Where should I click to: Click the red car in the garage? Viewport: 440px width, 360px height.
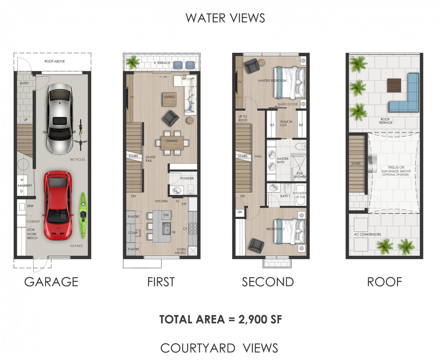58,206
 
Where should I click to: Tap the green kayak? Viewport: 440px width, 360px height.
84,216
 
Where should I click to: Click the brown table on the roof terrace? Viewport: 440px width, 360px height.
394,85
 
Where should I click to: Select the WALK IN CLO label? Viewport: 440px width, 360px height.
286,123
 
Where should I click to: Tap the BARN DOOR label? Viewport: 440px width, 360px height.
287,104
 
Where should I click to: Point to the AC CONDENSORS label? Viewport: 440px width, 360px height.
367,234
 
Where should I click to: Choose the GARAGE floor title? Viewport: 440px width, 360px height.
51,281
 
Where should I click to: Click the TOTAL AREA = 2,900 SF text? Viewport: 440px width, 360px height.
220,319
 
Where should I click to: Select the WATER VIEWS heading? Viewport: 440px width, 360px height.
225,18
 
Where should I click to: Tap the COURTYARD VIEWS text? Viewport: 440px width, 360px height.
219,348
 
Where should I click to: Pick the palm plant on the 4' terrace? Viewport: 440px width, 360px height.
133,62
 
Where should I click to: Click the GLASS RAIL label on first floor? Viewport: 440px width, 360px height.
150,159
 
